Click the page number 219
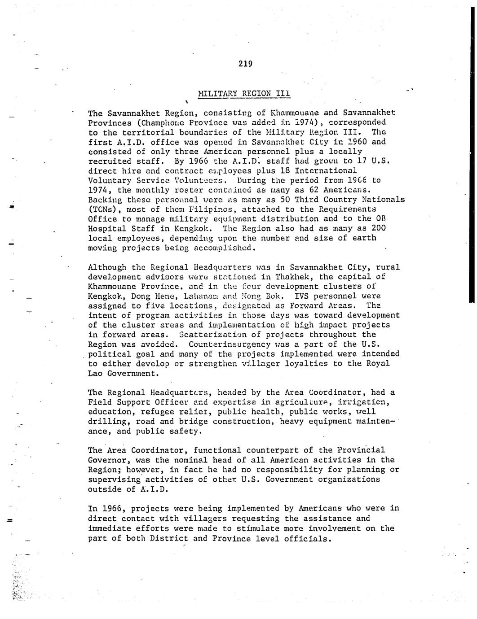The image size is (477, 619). (x=245, y=64)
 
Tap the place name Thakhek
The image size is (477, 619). (x=291, y=277)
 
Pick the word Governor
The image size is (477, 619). (x=107, y=460)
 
